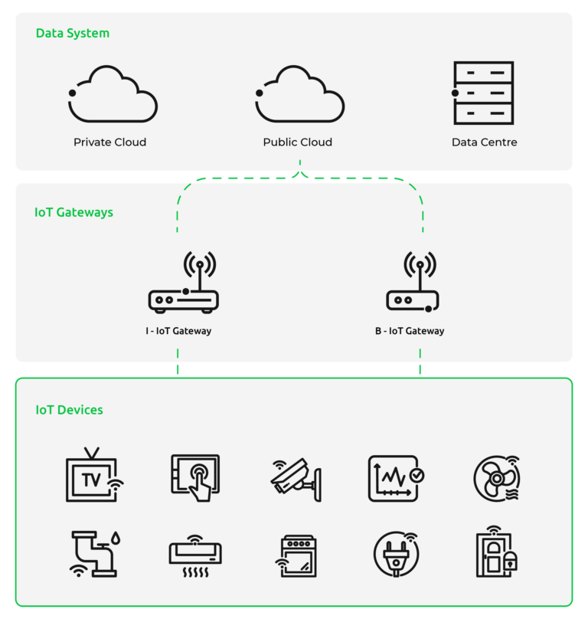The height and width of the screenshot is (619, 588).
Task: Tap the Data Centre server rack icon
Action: click(x=483, y=93)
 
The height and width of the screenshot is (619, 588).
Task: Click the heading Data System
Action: click(x=73, y=33)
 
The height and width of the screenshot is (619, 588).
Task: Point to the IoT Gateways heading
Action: click(x=73, y=212)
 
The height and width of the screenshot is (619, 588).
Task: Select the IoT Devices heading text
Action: click(x=69, y=410)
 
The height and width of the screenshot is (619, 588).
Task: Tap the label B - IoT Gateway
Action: click(x=410, y=331)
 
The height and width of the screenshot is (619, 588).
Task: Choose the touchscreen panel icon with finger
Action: click(x=196, y=478)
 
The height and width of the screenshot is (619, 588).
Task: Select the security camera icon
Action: click(x=296, y=480)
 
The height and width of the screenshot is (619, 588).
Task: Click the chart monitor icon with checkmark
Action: click(x=396, y=478)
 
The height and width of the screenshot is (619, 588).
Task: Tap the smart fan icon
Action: click(x=497, y=479)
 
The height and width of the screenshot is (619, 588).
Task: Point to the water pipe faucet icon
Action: click(x=95, y=554)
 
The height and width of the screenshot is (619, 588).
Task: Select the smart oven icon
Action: click(x=296, y=556)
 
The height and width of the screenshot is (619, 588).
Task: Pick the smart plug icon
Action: click(x=396, y=554)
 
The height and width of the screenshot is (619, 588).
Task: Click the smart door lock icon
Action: click(x=497, y=552)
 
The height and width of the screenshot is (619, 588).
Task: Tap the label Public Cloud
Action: click(x=298, y=142)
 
